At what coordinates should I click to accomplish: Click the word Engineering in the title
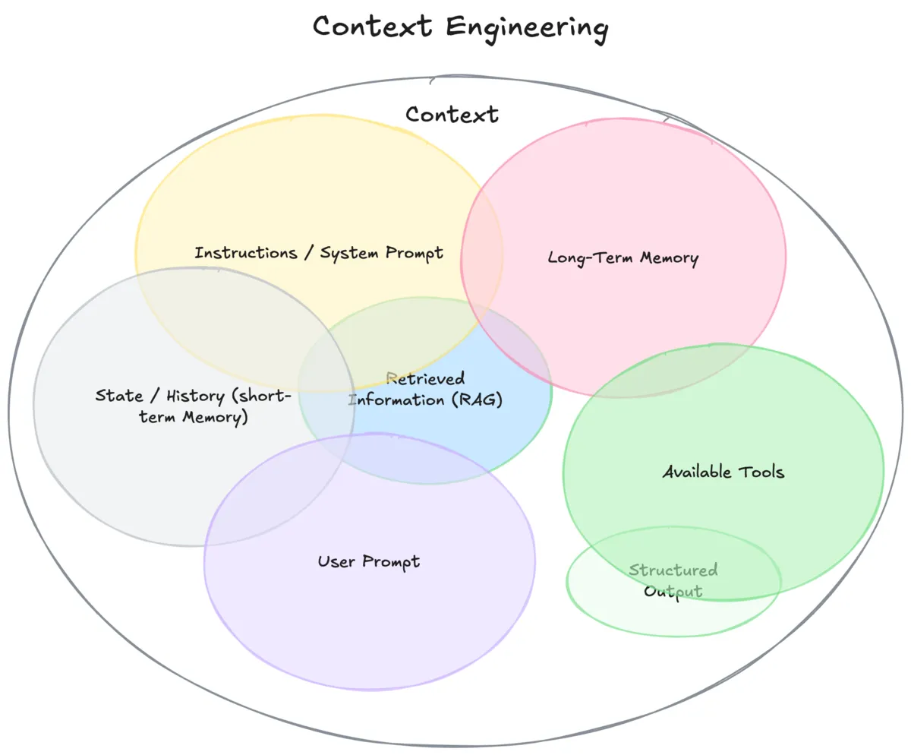pyautogui.click(x=527, y=27)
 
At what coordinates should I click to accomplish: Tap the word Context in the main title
pyautogui.click(x=374, y=27)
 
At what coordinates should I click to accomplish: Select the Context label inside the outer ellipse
pyautogui.click(x=452, y=115)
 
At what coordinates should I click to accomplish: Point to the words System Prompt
pyautogui.click(x=381, y=253)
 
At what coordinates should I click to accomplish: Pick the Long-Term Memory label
pyautogui.click(x=623, y=258)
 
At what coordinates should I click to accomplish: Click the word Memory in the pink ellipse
pyautogui.click(x=668, y=258)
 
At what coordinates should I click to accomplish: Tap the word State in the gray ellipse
pyautogui.click(x=118, y=396)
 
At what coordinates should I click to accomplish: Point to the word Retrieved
pyautogui.click(x=425, y=378)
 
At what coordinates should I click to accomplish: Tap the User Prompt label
pyautogui.click(x=368, y=562)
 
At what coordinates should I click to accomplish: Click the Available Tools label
pyautogui.click(x=723, y=472)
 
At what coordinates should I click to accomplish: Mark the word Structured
pyautogui.click(x=673, y=570)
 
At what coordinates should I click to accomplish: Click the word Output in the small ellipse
pyautogui.click(x=673, y=591)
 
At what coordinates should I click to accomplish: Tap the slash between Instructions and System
pyautogui.click(x=309, y=253)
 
